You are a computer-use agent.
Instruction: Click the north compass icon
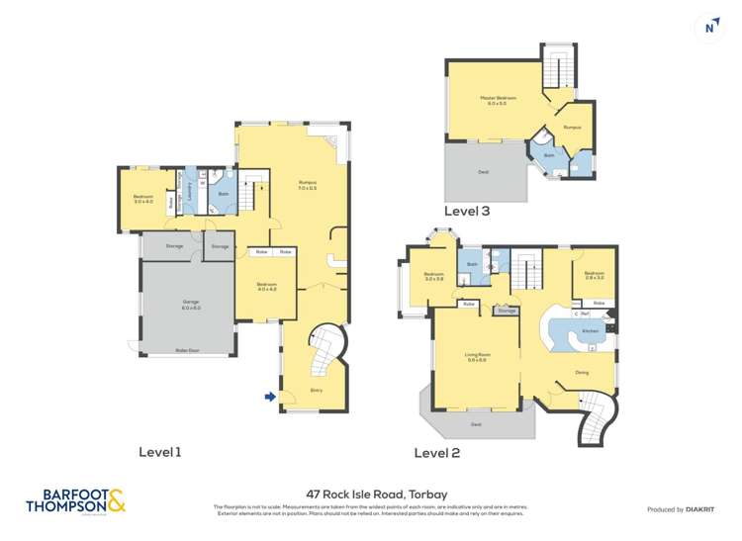point(707,28)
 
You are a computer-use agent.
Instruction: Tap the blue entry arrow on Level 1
point(270,398)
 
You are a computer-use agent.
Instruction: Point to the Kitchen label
point(590,330)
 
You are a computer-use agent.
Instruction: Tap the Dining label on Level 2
point(584,373)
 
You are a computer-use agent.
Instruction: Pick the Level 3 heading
point(466,211)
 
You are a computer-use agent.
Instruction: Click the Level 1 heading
point(159,452)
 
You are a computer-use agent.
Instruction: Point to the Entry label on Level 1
point(317,390)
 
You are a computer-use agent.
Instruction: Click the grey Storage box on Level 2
point(508,311)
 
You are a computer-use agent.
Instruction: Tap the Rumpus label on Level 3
point(572,129)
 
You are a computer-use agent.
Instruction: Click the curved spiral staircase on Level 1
point(325,351)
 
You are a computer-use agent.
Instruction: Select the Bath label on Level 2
point(472,264)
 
